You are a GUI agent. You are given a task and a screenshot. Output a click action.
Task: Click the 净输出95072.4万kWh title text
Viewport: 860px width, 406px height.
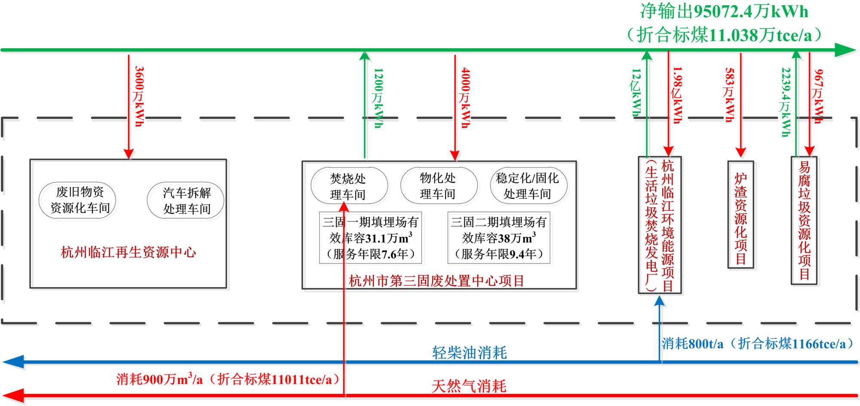pyautogui.click(x=724, y=12)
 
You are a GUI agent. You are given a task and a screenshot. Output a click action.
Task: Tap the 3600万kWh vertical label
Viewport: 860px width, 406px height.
pyautogui.click(x=138, y=96)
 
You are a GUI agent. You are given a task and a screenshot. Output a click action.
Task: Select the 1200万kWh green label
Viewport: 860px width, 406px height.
pyautogui.click(x=378, y=98)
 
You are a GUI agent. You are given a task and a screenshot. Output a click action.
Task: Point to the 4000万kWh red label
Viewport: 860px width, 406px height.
pyautogui.click(x=465, y=98)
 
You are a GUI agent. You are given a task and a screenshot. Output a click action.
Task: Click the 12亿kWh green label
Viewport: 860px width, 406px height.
pyautogui.click(x=636, y=93)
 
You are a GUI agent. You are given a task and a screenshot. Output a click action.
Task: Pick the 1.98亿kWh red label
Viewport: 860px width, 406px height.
pyautogui.click(x=677, y=95)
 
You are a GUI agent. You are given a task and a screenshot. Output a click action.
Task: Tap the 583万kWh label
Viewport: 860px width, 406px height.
pyautogui.click(x=729, y=95)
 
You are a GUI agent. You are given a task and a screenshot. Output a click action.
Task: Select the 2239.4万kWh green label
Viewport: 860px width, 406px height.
pyautogui.click(x=786, y=102)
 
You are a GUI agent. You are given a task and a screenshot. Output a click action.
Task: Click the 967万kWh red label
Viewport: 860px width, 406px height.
pyautogui.click(x=818, y=96)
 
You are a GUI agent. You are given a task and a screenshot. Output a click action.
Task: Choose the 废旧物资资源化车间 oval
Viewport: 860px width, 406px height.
pyautogui.click(x=78, y=200)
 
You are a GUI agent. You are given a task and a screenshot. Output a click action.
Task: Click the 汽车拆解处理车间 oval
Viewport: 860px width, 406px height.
pyautogui.click(x=186, y=201)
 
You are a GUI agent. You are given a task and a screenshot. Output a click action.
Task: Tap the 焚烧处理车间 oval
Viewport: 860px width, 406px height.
pyautogui.click(x=349, y=186)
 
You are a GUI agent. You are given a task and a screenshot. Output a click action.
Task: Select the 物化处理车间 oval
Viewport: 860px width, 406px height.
pyautogui.click(x=438, y=186)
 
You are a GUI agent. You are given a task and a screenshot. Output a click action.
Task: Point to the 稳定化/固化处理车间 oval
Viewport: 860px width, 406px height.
pyautogui.click(x=528, y=186)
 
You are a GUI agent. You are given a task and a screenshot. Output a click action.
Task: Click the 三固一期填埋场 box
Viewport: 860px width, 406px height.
pyautogui.click(x=370, y=238)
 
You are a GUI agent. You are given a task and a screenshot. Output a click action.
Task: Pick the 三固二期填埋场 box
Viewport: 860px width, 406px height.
pyautogui.click(x=499, y=238)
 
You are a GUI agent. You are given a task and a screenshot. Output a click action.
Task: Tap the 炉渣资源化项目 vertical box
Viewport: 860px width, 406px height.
pyautogui.click(x=740, y=215)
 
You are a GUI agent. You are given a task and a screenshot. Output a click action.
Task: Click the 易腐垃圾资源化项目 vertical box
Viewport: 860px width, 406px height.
pyautogui.click(x=804, y=220)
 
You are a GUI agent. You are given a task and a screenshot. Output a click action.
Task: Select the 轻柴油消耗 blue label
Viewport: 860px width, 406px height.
pyautogui.click(x=469, y=353)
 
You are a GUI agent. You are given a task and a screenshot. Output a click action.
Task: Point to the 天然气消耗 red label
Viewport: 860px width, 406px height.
pyautogui.click(x=469, y=386)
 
